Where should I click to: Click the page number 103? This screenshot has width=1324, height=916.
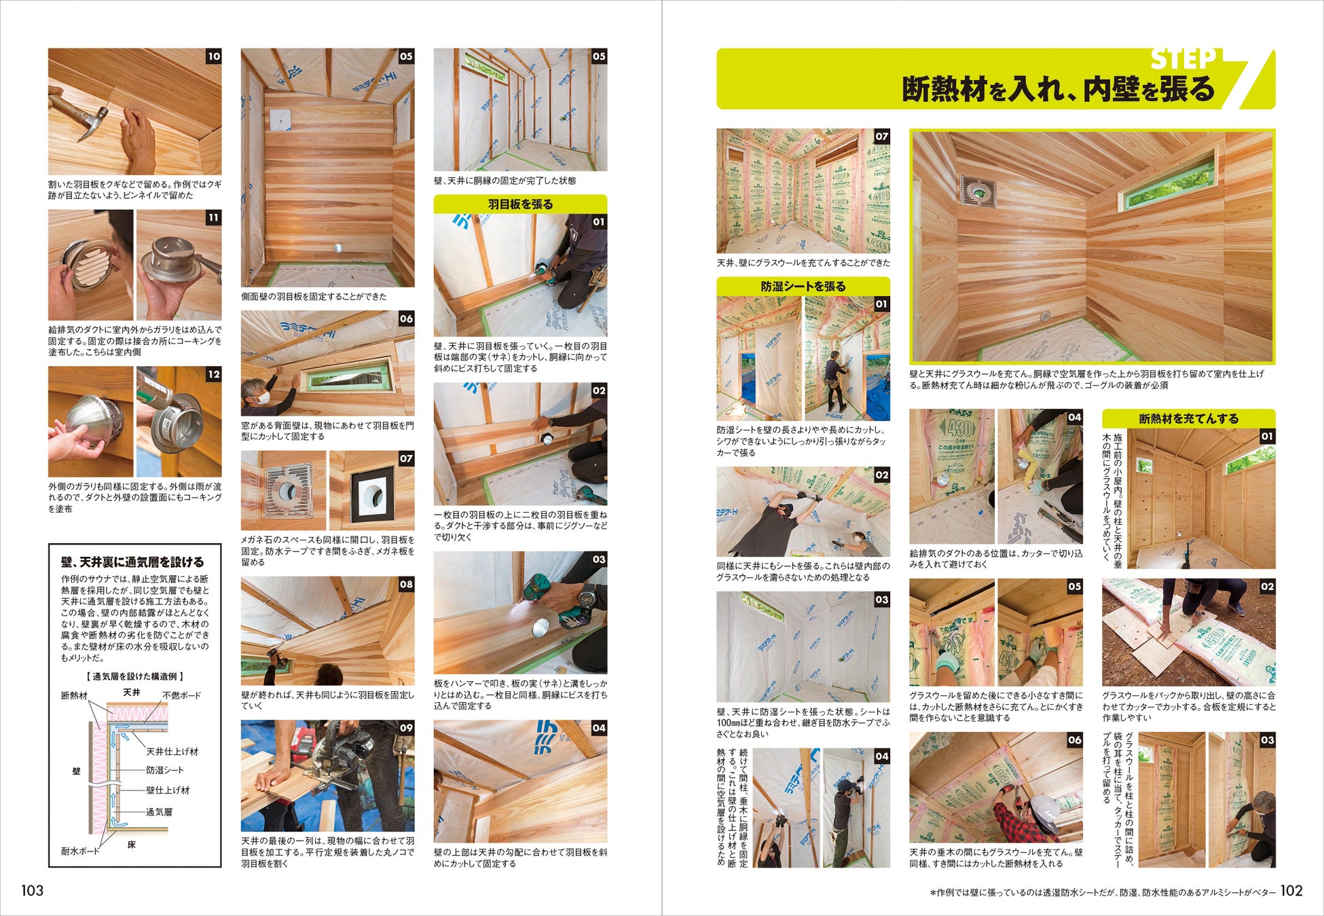(32, 890)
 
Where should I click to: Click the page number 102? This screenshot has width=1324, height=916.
(1291, 890)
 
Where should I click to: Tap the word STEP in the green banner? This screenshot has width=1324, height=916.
(1183, 60)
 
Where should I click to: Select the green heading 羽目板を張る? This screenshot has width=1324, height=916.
(520, 204)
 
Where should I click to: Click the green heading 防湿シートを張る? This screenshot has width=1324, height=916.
(803, 287)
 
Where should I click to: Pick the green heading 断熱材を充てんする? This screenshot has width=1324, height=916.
(1188, 418)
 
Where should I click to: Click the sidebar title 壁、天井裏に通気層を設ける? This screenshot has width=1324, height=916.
(132, 562)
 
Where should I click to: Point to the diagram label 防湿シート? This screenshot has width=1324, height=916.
(165, 770)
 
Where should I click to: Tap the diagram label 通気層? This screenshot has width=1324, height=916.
(160, 811)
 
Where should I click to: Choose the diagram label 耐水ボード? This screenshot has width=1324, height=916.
(80, 851)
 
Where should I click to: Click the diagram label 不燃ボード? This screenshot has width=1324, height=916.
(181, 695)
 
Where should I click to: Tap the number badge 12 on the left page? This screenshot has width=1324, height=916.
(214, 374)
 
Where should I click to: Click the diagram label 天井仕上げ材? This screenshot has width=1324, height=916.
(172, 752)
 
